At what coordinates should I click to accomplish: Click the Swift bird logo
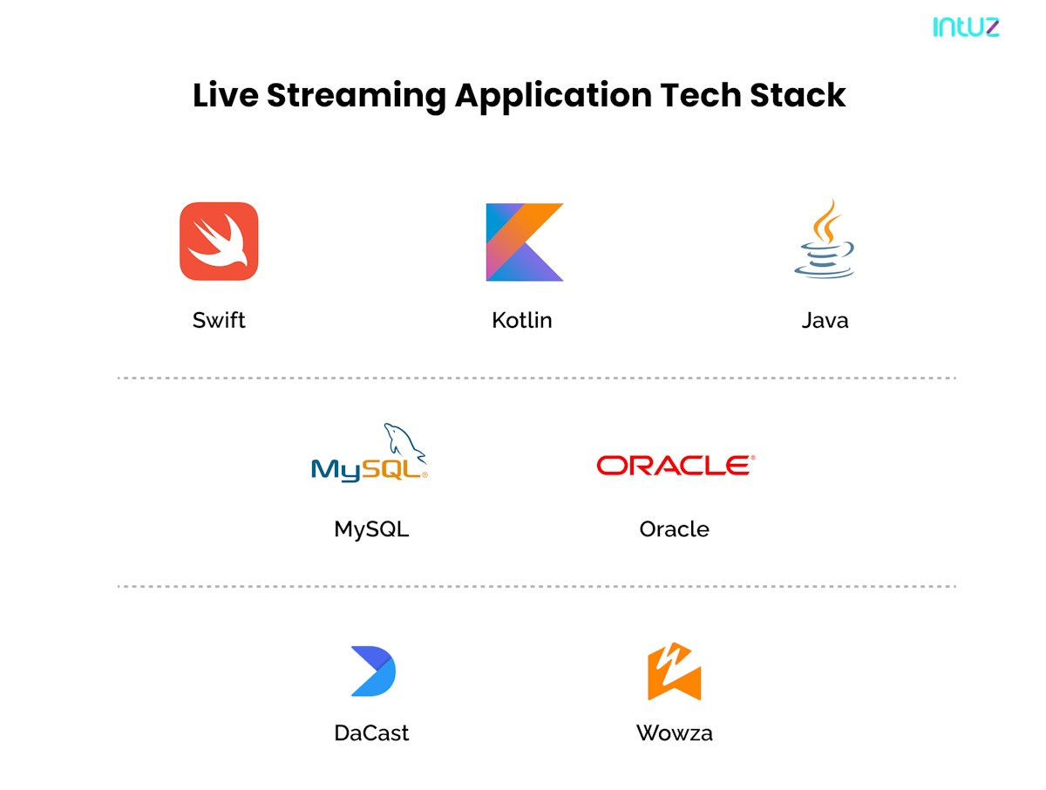(219, 242)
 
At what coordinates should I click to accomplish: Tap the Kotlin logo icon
(524, 242)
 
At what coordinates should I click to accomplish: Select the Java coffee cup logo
(825, 239)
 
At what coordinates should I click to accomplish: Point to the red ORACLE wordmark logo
(675, 465)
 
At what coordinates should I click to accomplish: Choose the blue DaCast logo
(372, 671)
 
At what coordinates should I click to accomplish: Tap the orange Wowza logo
(674, 671)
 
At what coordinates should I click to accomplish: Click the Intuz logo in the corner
(966, 27)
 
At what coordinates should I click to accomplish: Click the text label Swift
(219, 320)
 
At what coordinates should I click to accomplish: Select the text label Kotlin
(522, 320)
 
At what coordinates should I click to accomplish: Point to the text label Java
(825, 320)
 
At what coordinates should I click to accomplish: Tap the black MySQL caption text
(371, 529)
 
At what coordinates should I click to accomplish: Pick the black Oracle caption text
(674, 529)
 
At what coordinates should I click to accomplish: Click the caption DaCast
(371, 732)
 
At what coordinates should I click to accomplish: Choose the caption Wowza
(674, 732)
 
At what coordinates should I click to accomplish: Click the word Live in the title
(225, 95)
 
